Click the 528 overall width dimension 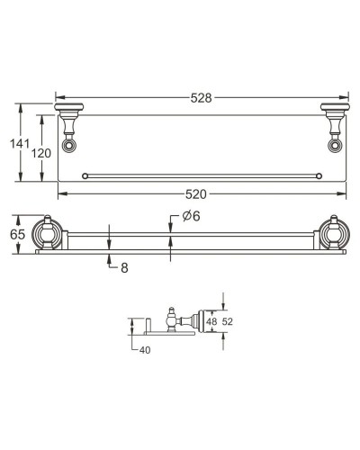pyautogui.click(x=202, y=97)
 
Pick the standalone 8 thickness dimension pyautogui.click(x=123, y=266)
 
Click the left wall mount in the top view pyautogui.click(x=68, y=115)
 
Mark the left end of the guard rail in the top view pyautogui.click(x=85, y=175)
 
